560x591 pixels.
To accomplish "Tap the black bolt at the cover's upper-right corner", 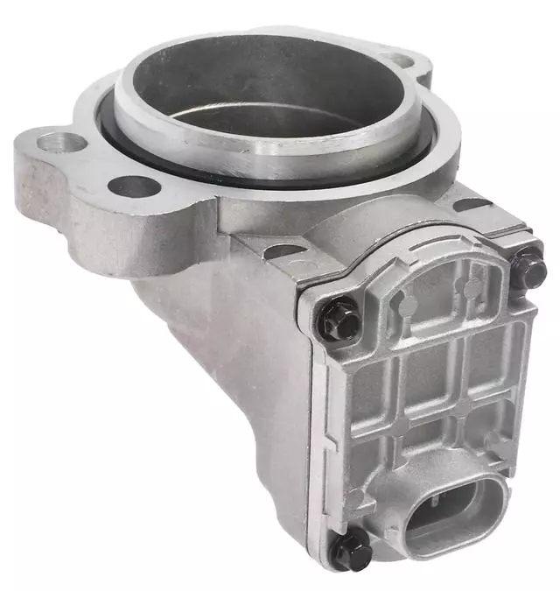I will point(528,269).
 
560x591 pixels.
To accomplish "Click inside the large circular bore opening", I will point(271,96).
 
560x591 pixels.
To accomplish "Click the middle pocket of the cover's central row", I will point(428,376).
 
